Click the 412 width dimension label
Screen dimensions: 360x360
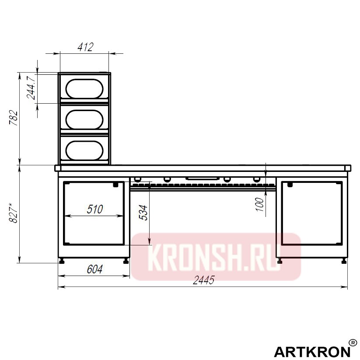pyautogui.click(x=85, y=47)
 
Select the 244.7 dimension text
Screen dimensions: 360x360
pyautogui.click(x=31, y=87)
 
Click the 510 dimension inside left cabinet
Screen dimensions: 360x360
pyautogui.click(x=94, y=209)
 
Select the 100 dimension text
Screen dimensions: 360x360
pyautogui.click(x=260, y=204)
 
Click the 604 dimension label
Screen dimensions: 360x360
pyautogui.click(x=94, y=269)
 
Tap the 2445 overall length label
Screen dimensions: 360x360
pyautogui.click(x=203, y=281)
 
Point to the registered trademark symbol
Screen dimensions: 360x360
pyautogui.click(x=353, y=343)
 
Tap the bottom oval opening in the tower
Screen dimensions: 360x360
pyautogui.click(x=85, y=150)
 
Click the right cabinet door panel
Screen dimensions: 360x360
pyautogui.click(x=311, y=213)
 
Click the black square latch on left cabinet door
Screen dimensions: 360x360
pyautogui.click(x=116, y=185)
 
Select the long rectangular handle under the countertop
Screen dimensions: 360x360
pyautogui.click(x=202, y=178)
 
